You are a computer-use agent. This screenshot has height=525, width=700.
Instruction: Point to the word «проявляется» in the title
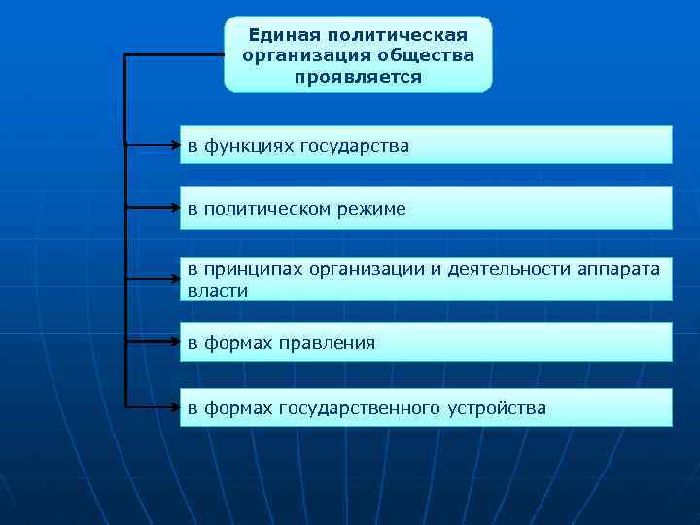click(x=359, y=76)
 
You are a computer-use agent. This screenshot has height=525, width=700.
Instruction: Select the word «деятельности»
click(x=501, y=269)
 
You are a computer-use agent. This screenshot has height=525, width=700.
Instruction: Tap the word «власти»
click(x=218, y=290)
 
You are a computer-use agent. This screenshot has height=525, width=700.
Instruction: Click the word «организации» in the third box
click(x=364, y=269)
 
